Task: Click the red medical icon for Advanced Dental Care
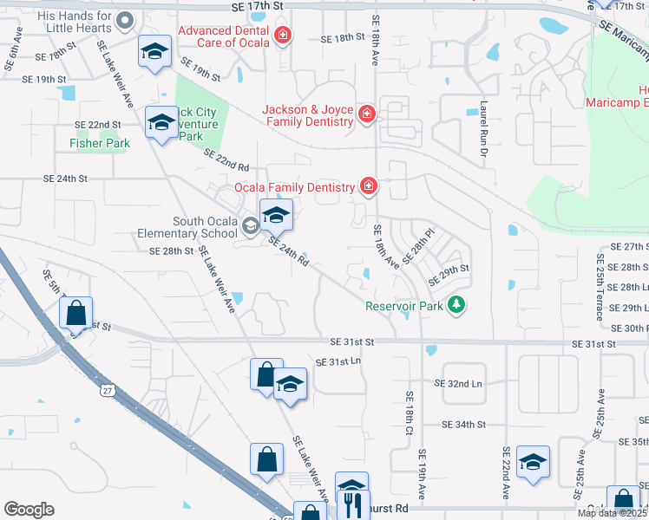(x=282, y=36)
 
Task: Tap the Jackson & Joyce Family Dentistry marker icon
(x=366, y=114)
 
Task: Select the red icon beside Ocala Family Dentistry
(x=369, y=186)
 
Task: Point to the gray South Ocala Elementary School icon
(x=250, y=227)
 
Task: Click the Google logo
(x=29, y=510)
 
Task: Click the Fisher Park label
(x=100, y=143)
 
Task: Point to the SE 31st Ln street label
(x=338, y=362)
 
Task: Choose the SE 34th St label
(x=463, y=425)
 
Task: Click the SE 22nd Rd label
(x=226, y=159)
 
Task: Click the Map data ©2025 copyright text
(x=612, y=513)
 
